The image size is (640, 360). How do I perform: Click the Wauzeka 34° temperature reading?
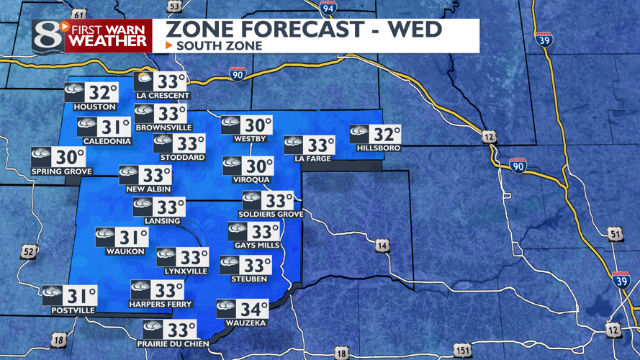pyautogui.click(x=254, y=310)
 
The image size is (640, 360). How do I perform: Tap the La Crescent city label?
pyautogui.click(x=163, y=96)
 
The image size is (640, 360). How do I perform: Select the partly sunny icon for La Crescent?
pyautogui.click(x=144, y=80)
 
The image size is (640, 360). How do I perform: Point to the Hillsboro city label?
pyautogui.click(x=379, y=148)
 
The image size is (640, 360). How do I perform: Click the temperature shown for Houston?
pyautogui.click(x=103, y=93)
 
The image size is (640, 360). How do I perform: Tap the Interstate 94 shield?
pyautogui.click(x=329, y=8)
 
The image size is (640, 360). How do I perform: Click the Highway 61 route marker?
pyautogui.click(x=79, y=14)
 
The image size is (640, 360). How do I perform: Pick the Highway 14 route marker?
pyautogui.click(x=382, y=247)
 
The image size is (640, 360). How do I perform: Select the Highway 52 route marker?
pyautogui.click(x=29, y=251)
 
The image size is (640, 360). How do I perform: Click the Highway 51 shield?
pyautogui.click(x=614, y=233)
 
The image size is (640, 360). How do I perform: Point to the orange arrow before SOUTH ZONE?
pyautogui.click(x=169, y=46)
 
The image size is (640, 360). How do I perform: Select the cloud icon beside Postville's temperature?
pyautogui.click(x=52, y=294)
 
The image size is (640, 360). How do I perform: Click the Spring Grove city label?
pyautogui.click(x=62, y=171)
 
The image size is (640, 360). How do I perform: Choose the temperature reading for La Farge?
pyautogui.click(x=321, y=145)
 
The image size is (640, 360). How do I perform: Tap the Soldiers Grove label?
pyautogui.click(x=271, y=215)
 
